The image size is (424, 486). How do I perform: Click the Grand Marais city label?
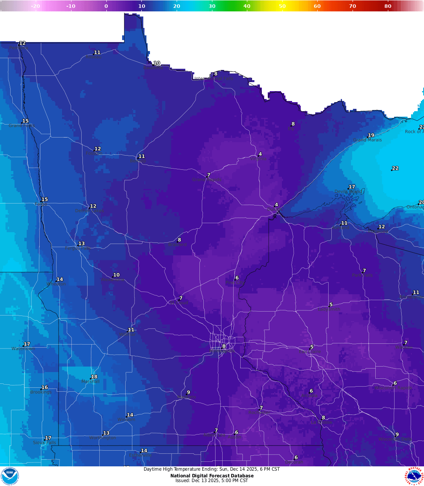tap(367, 140)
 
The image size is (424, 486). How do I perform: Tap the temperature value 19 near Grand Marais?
tap(371, 135)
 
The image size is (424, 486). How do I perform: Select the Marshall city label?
tap(90, 381)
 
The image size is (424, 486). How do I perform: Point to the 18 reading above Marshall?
tap(94, 377)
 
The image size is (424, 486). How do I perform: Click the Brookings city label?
tap(41, 392)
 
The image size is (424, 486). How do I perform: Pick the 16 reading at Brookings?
tap(45, 387)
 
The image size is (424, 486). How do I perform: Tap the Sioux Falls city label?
tap(44, 442)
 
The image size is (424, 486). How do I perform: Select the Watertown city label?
tap(23, 348)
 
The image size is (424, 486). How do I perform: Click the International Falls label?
tap(214, 79)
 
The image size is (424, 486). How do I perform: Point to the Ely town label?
tap(291, 129)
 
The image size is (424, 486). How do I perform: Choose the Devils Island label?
tap(348, 192)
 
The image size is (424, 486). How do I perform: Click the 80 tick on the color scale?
tap(388, 6)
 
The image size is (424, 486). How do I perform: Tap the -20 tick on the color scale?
tap(35, 6)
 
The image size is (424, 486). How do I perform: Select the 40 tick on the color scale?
tap(247, 6)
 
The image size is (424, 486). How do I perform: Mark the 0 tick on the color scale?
tap(106, 6)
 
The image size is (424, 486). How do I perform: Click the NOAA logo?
tap(10, 476)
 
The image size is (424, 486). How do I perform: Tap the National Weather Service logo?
tap(414, 476)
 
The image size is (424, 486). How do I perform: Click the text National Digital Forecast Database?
tap(212, 476)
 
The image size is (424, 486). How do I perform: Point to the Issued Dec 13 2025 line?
tap(212, 480)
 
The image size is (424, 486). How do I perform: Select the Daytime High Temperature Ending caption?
tap(212, 469)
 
